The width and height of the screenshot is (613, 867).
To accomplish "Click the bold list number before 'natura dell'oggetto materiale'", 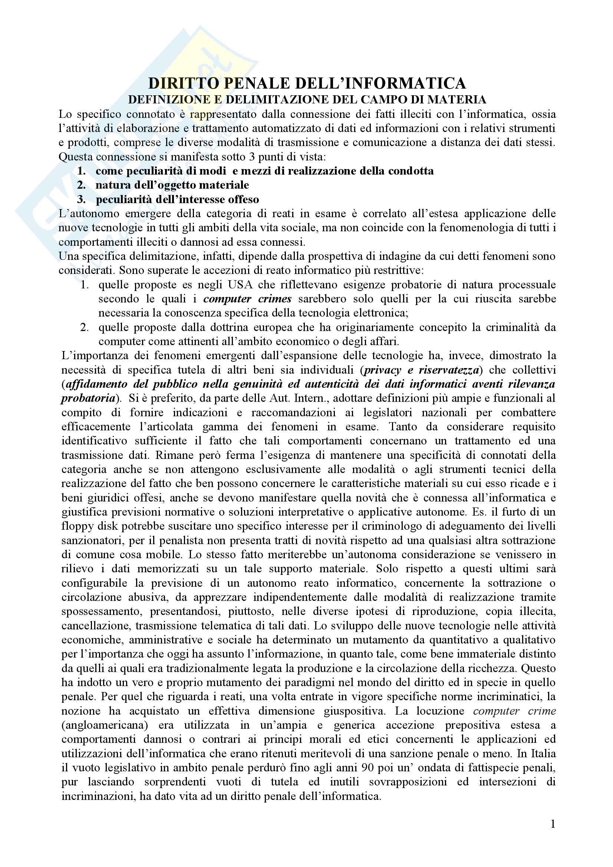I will coord(82,185).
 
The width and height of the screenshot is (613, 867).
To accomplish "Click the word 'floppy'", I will coord(75,526).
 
